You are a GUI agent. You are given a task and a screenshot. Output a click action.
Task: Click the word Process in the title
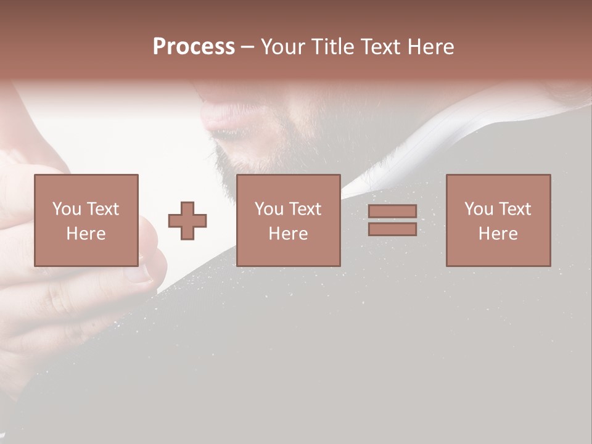194,47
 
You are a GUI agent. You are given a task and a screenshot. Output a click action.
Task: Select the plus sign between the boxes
187,221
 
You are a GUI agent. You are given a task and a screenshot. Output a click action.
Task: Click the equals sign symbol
392,220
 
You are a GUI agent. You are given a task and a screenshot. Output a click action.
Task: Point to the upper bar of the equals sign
392,211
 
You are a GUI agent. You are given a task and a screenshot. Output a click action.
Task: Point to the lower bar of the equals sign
392,229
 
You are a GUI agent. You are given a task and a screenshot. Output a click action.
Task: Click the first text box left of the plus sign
86,220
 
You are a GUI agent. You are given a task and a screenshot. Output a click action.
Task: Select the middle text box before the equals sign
288,220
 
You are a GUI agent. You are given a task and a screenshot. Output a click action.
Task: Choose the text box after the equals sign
498,220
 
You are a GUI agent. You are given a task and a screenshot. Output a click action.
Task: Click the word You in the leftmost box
67,209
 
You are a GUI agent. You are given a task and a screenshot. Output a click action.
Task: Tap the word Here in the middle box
288,234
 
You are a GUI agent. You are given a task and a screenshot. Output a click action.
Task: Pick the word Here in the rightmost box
498,234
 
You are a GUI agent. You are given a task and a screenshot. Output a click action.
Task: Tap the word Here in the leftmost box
86,234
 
